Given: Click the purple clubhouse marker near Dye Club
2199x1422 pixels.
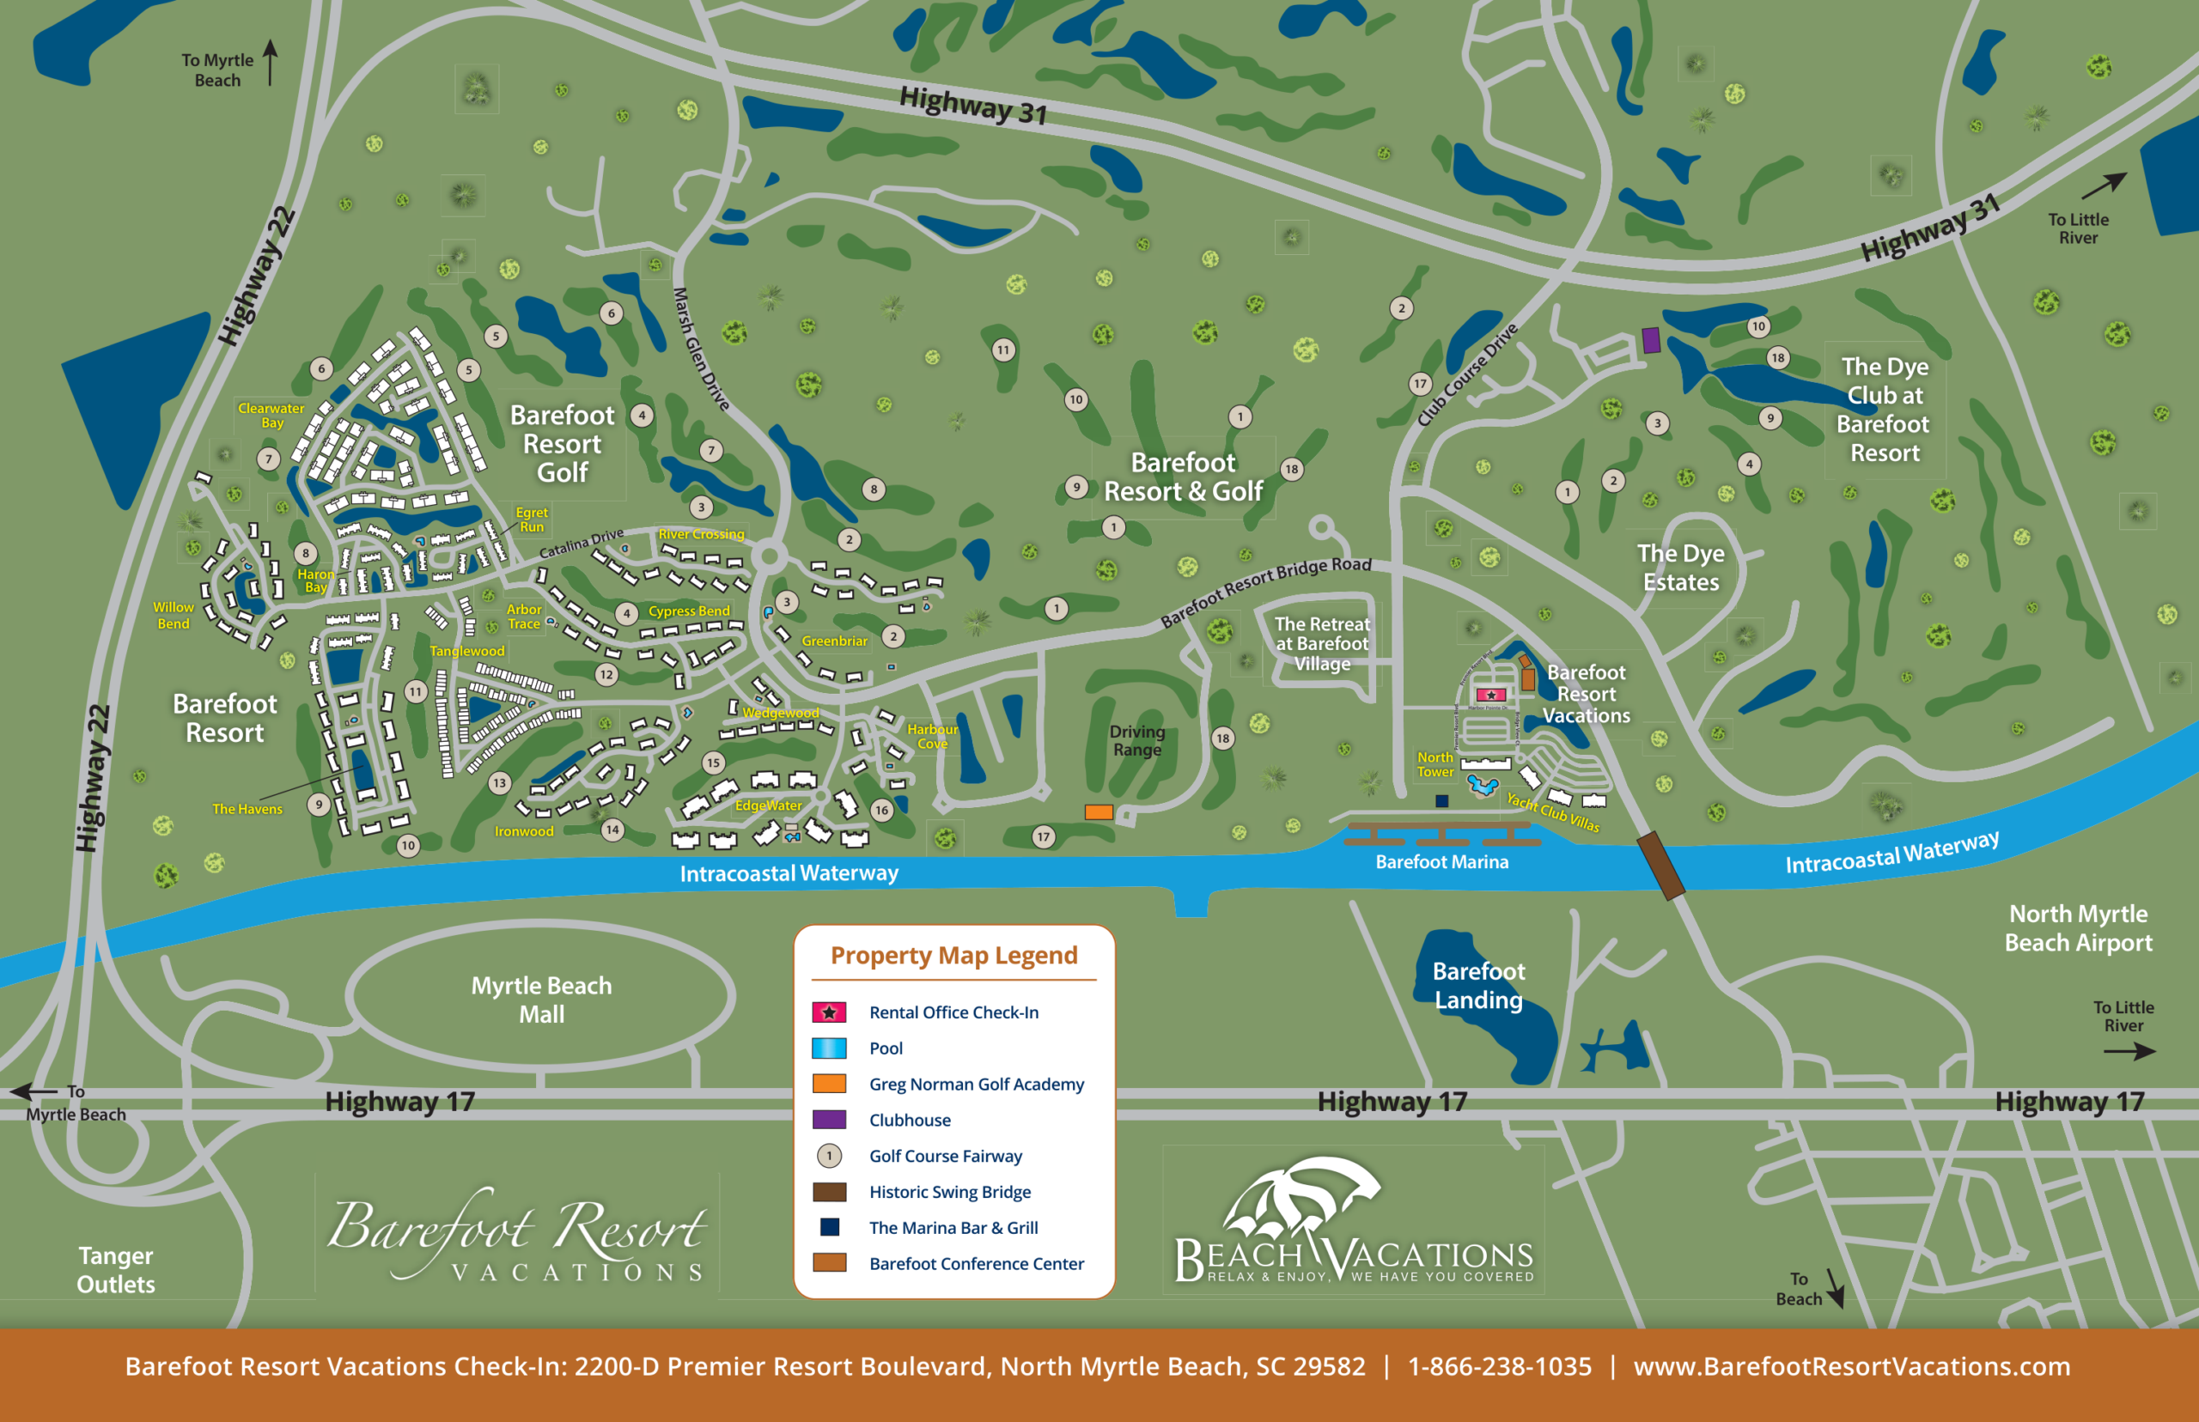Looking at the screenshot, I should coord(1651,341).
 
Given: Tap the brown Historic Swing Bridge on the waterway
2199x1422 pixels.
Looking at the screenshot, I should coord(1660,866).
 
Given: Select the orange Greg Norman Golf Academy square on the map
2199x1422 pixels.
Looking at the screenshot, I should coord(1098,811).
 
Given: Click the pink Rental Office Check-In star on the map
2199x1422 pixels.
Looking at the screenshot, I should coord(1490,695).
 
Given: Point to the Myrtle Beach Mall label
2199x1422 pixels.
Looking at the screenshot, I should coord(541,1000).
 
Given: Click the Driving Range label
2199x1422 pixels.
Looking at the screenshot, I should coord(1137,740).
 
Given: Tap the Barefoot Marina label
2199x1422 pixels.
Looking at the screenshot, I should coord(1441,861).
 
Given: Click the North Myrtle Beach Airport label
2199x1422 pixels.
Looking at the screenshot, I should coord(2077,927).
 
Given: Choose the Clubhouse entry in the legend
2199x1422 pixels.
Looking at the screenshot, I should coord(909,1120).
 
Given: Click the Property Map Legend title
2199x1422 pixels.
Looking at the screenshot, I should coord(953,955).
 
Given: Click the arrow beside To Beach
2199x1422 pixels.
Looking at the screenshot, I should coord(1834,1287).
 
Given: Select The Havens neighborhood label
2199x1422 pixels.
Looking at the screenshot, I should coord(247,809).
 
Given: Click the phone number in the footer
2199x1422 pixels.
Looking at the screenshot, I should coord(1499,1365).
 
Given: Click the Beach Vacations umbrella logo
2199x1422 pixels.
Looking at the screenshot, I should coord(1304,1200).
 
